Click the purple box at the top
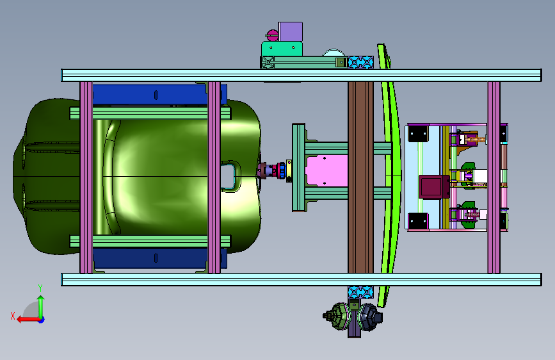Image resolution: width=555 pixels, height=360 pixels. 291,31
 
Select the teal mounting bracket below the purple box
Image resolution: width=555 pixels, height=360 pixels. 282,49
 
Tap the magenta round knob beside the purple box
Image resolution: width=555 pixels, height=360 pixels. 272,35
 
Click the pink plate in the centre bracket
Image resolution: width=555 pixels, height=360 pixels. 326,171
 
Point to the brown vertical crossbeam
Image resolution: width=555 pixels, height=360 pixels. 360,177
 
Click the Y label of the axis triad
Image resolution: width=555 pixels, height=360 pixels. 40,288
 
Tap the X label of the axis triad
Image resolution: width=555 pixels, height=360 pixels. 13,316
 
